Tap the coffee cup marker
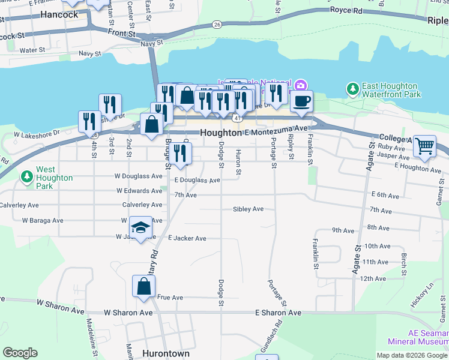[x=301, y=101]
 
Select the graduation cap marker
[x=140, y=227]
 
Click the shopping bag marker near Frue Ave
[x=144, y=286]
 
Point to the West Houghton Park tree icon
[x=26, y=177]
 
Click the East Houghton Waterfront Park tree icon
[x=353, y=89]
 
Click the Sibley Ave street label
[x=249, y=209]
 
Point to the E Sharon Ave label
[x=278, y=313]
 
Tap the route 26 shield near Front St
[x=217, y=25]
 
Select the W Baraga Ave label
[x=43, y=221]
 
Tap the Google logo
[x=20, y=353]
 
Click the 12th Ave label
[x=373, y=279]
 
